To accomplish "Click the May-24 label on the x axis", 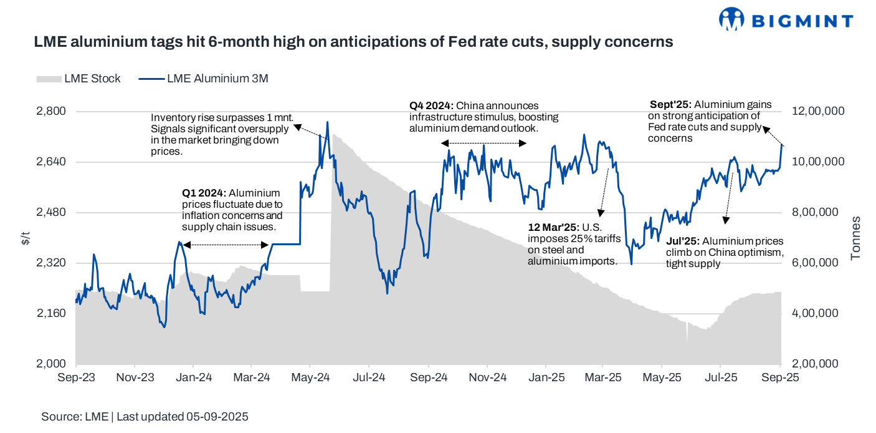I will tap(310, 377).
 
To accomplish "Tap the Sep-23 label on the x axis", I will tap(75, 377).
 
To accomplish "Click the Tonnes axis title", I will tap(857, 238).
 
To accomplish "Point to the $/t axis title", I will tap(26, 238).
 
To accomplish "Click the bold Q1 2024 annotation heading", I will tap(203, 193).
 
